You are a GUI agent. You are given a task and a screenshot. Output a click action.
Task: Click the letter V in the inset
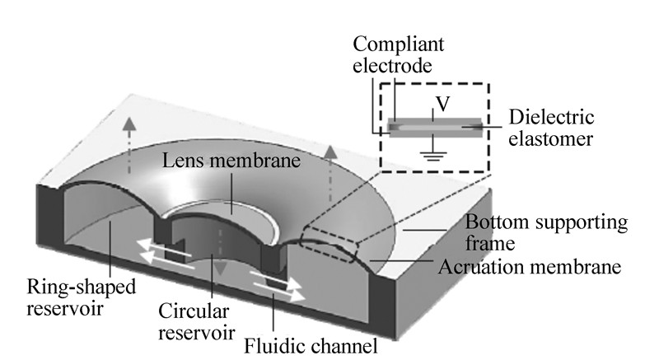pyautogui.click(x=442, y=106)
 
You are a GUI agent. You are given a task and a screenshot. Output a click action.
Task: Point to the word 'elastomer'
pyautogui.click(x=549, y=139)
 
